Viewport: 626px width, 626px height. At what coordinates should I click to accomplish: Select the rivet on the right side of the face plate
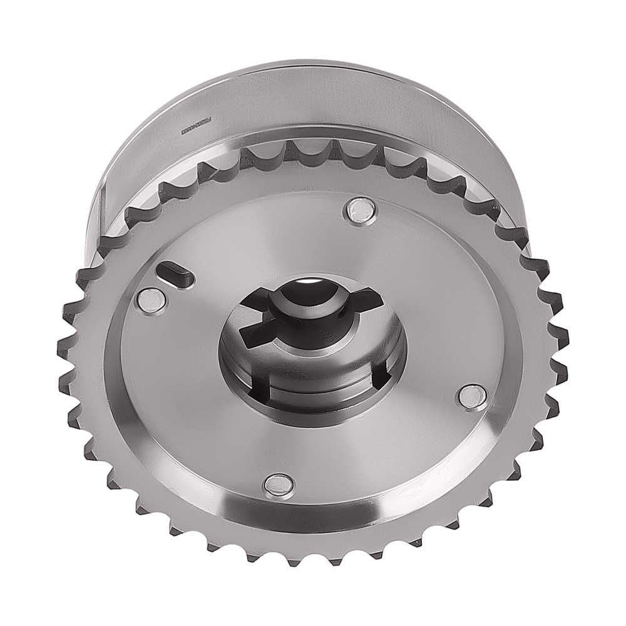472,396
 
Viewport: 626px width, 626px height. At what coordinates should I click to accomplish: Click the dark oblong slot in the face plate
173,271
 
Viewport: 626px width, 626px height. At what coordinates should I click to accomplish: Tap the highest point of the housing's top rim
326,63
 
